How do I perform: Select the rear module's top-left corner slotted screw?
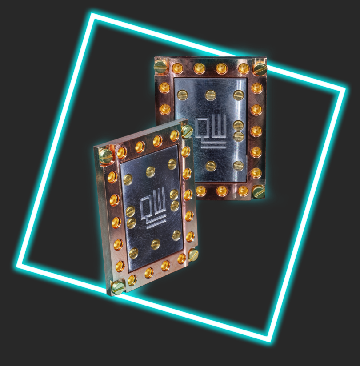point(160,67)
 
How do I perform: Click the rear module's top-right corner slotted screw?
point(260,68)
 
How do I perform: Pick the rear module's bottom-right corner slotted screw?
point(258,191)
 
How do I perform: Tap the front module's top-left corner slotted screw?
point(105,155)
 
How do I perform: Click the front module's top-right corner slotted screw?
point(187,131)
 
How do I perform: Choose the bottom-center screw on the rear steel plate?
point(211,166)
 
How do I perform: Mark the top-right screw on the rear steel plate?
point(239,95)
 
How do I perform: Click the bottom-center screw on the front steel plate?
point(155,244)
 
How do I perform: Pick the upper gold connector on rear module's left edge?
point(164,87)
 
